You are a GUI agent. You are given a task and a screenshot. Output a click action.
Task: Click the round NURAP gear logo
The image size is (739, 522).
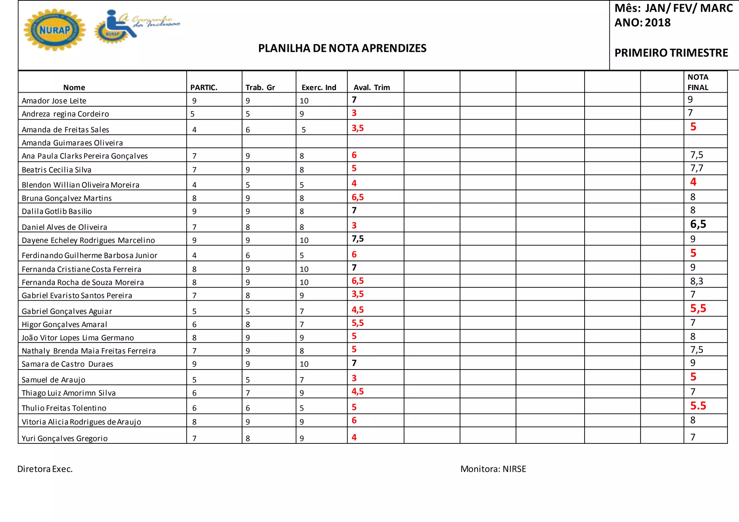54,30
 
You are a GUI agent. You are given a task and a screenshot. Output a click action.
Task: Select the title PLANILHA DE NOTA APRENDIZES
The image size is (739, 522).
342,48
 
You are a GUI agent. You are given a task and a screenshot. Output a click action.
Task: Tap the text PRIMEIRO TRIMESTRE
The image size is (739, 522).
671,53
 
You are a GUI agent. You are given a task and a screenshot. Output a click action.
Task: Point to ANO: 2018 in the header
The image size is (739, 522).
642,23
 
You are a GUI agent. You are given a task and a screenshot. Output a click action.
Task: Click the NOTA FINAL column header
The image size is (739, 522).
698,82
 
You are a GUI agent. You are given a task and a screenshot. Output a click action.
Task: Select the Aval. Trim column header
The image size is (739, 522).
372,88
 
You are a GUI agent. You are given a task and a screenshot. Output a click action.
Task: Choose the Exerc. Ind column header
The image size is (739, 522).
319,88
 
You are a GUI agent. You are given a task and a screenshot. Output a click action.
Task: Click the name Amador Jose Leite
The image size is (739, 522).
54,101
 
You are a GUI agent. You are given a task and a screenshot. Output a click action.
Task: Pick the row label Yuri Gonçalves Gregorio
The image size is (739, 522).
65,438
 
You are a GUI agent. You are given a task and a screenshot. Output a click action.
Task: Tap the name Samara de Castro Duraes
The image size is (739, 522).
67,364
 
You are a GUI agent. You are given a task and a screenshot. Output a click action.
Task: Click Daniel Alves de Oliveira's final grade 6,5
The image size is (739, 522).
698,224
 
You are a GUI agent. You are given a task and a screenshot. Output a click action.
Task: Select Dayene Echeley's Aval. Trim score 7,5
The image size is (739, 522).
358,239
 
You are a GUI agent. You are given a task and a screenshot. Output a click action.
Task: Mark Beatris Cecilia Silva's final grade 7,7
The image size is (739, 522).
697,168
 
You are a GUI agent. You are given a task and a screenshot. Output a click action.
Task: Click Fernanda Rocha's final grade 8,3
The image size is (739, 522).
697,281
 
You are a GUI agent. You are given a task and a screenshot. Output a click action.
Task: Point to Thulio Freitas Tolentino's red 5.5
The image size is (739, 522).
698,406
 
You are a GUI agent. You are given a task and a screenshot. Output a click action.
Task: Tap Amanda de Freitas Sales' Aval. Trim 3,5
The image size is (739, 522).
358,128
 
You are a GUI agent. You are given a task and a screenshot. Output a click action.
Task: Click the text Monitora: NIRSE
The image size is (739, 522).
493,469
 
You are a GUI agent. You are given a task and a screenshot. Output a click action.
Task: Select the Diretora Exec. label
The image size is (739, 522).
45,469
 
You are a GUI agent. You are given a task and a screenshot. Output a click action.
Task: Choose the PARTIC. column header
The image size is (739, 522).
204,88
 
